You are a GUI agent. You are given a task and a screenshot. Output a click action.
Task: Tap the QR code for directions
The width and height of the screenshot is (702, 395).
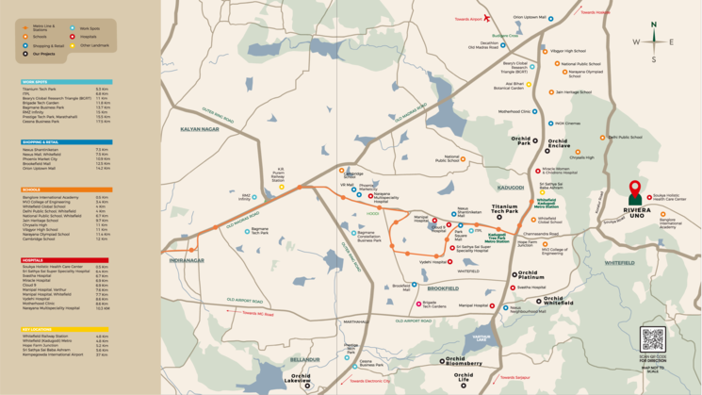point(652,339)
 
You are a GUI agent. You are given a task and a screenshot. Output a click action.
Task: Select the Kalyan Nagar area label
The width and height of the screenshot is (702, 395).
point(199,128)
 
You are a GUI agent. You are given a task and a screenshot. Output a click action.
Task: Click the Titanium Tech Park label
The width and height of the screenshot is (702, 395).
point(505,211)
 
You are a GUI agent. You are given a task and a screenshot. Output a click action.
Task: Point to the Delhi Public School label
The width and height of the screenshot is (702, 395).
point(624,137)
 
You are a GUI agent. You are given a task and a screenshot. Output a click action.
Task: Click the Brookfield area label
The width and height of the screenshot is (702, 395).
point(442,288)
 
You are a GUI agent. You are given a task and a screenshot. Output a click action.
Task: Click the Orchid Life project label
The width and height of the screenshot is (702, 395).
point(463,381)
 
